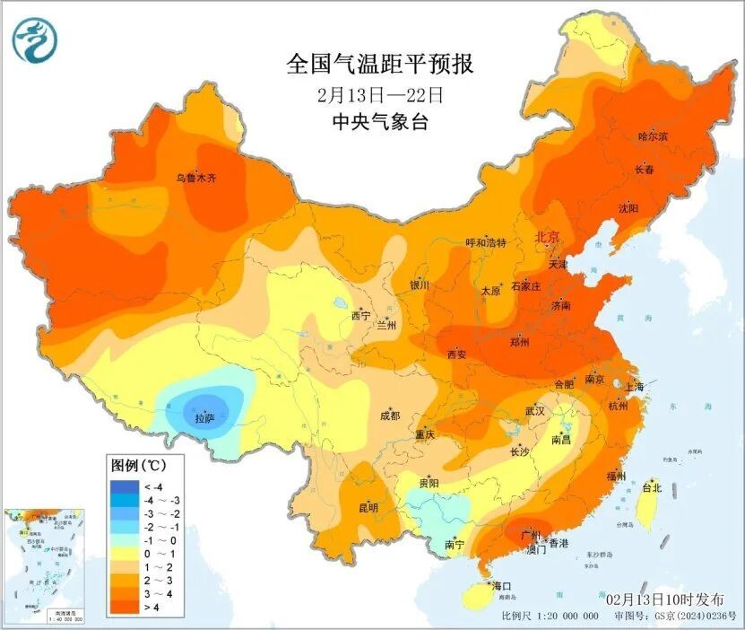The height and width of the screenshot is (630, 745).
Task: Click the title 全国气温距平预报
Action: (379, 65)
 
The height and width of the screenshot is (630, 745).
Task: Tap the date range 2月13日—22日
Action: (380, 94)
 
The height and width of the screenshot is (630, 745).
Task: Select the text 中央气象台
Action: (380, 122)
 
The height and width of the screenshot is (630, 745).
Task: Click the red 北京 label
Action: (547, 238)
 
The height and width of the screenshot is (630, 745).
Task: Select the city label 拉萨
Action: (204, 418)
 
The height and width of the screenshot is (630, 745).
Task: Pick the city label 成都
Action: (390, 416)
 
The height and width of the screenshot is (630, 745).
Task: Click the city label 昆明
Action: (368, 508)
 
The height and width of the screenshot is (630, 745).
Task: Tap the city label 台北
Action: (651, 488)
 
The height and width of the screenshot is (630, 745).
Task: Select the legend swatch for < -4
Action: (123, 487)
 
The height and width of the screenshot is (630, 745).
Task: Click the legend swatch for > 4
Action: (123, 608)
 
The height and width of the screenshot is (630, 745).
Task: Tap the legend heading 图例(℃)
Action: (135, 466)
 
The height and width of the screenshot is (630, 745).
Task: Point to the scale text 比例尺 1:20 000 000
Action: (550, 617)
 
